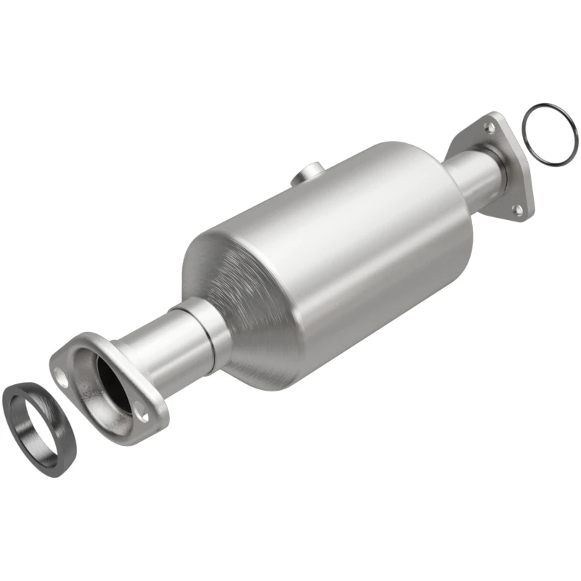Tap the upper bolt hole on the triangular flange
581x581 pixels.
click(491, 127)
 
